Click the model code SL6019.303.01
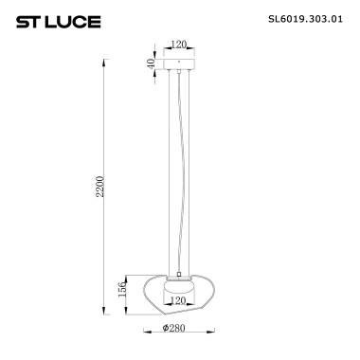(x=301, y=18)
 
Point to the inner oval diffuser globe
(x=179, y=287)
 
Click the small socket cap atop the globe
(x=179, y=274)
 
